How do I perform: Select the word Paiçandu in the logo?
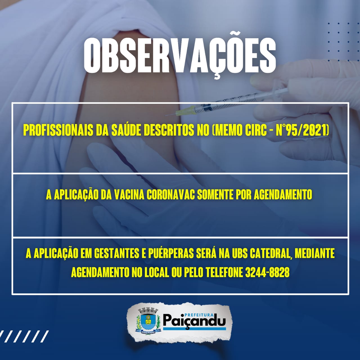pyautogui.click(x=194, y=321)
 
